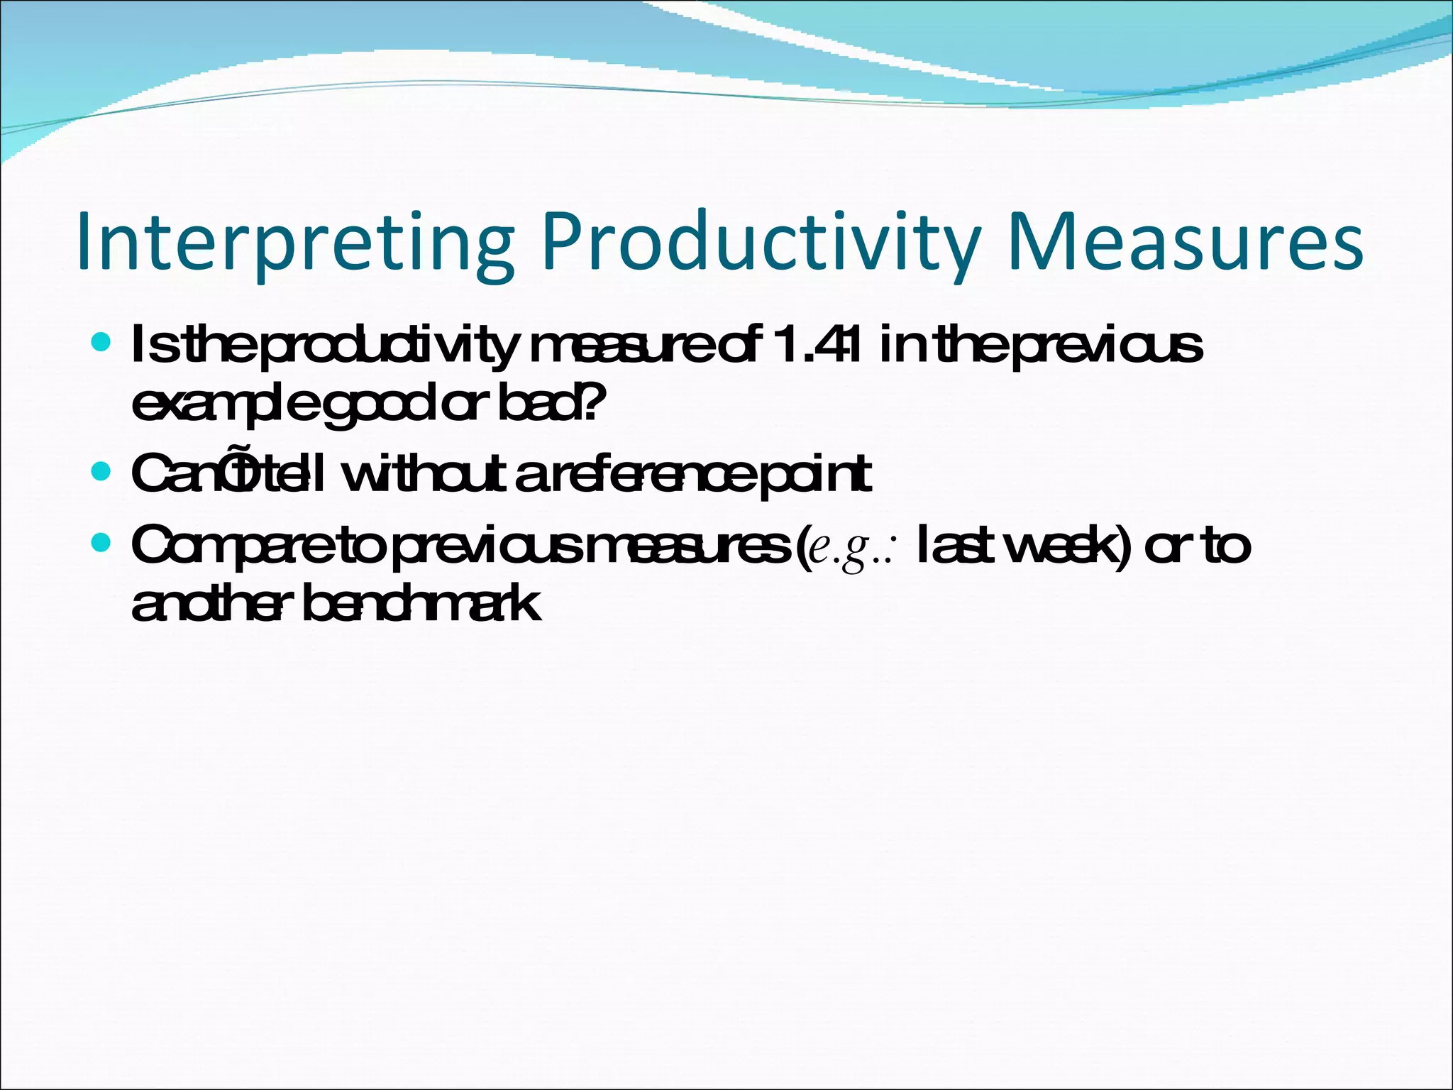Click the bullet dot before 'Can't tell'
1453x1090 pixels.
pos(102,472)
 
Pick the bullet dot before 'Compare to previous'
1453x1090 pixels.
pos(102,544)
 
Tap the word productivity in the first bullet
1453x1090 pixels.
pos(390,346)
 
